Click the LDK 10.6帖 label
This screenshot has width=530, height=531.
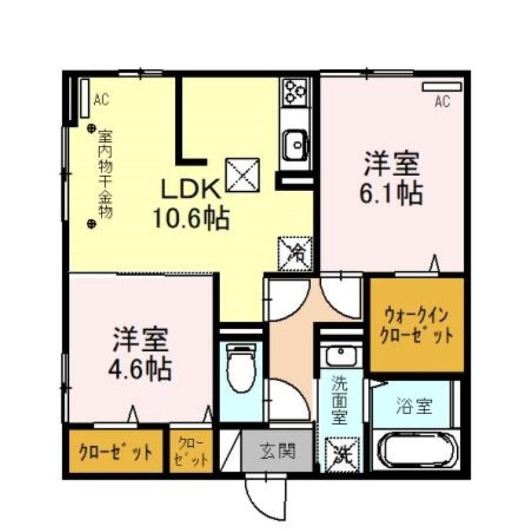(x=192, y=204)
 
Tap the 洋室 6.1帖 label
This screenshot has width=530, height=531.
(x=391, y=179)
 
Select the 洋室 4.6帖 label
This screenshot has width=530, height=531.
(x=140, y=354)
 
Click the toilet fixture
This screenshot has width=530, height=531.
(x=241, y=368)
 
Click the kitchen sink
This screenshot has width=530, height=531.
(x=296, y=145)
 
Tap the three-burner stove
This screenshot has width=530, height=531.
(x=295, y=91)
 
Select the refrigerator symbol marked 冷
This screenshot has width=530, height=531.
(x=295, y=254)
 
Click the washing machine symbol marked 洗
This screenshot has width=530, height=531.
(x=342, y=455)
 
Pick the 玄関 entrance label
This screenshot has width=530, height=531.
(x=277, y=451)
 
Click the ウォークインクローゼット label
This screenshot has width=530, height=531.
(x=417, y=325)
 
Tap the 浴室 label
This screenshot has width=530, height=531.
(x=415, y=406)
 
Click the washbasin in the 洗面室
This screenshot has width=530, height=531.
(x=341, y=356)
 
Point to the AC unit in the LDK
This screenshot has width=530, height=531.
(x=85, y=98)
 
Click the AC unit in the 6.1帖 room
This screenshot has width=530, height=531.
(x=442, y=87)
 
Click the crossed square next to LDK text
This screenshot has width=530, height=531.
(x=243, y=175)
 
